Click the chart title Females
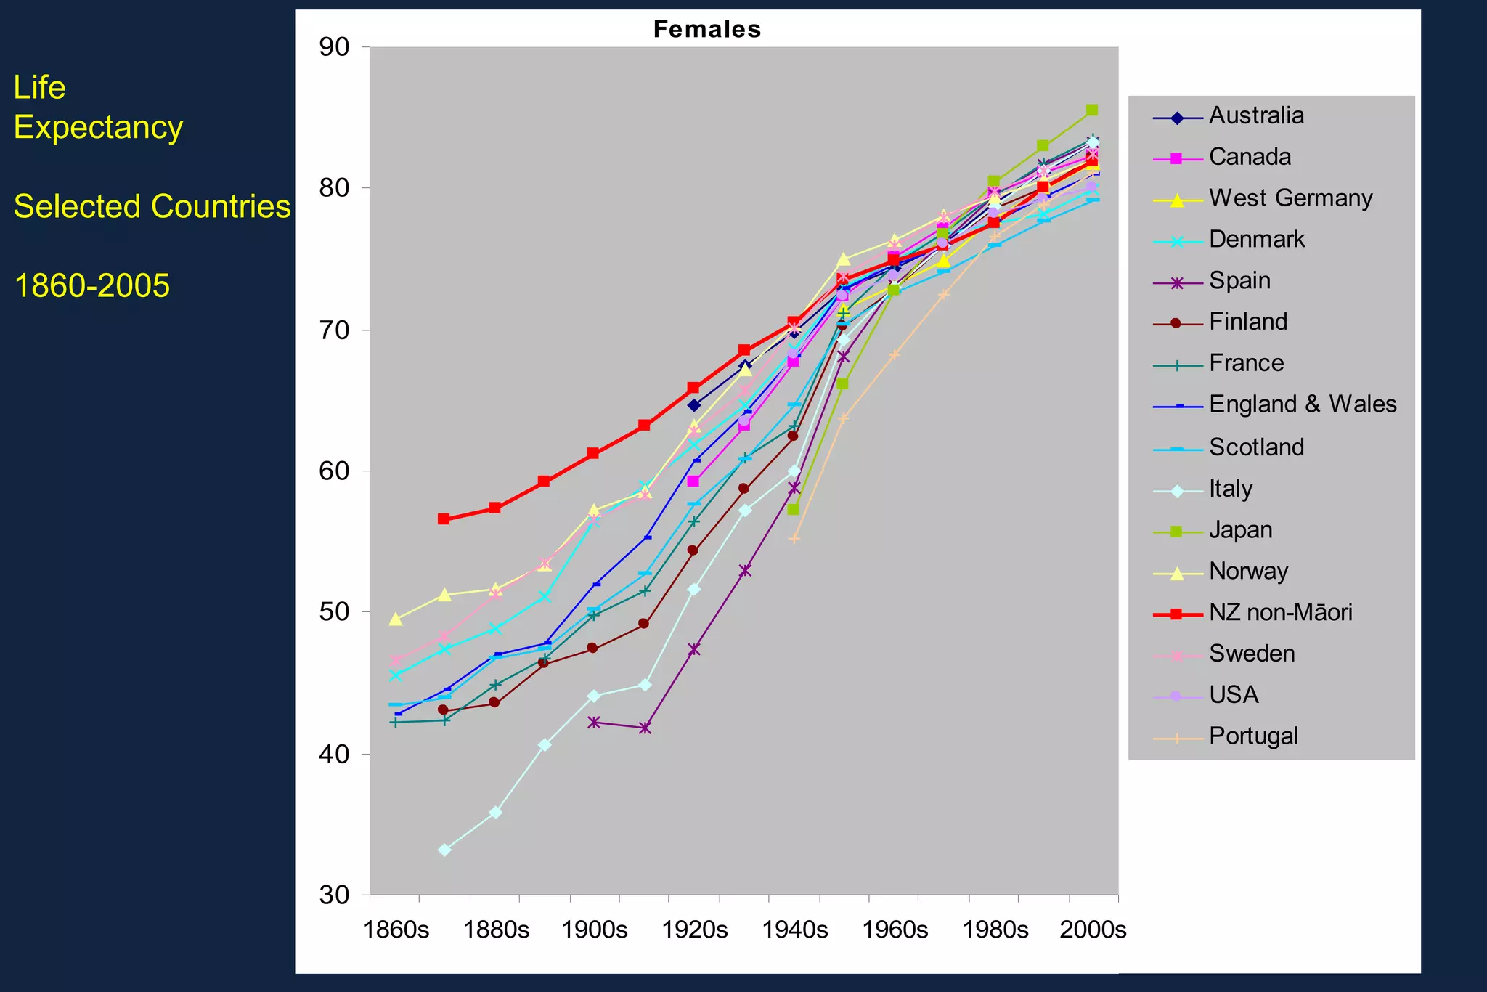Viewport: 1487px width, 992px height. coord(706,29)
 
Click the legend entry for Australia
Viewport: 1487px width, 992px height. coord(1255,116)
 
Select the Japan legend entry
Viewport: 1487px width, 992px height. coord(1240,530)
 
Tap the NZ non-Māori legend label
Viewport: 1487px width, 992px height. coord(1280,613)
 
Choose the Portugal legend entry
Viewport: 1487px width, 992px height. coord(1253,736)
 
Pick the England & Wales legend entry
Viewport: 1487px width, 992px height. coord(1302,404)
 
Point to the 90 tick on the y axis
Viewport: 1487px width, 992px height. coord(334,48)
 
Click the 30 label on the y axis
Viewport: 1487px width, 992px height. coord(334,895)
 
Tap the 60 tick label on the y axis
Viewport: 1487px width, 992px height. coord(334,471)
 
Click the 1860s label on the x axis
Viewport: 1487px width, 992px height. coord(396,930)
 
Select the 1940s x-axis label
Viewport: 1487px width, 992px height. coord(794,930)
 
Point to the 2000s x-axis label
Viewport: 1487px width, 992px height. coord(1093,930)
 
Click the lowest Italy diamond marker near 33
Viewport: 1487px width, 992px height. coord(444,850)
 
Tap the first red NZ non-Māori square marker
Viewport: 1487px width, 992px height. coord(444,519)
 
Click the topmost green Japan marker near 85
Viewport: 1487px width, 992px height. coord(1091,110)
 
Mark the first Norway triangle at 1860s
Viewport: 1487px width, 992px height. coord(396,619)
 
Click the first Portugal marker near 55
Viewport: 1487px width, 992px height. coord(794,539)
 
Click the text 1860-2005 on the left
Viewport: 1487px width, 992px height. coord(92,286)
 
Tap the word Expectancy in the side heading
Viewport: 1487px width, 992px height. coord(98,128)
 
